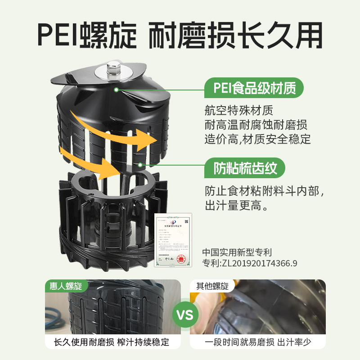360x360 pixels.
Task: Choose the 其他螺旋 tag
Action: [x=212, y=286]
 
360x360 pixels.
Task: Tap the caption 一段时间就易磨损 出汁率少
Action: [x=258, y=342]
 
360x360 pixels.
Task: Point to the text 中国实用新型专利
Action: [x=237, y=252]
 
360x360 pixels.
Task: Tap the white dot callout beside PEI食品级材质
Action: [x=116, y=90]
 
